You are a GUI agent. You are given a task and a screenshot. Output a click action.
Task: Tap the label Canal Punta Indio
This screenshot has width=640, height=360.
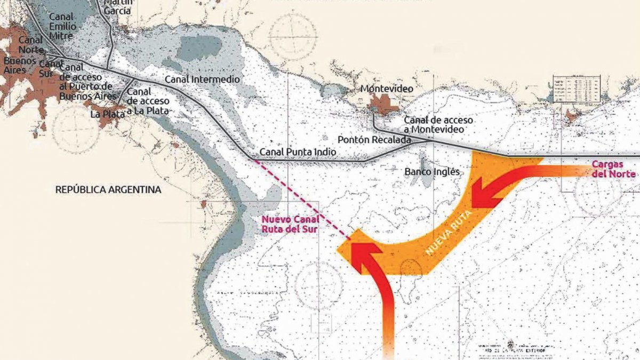[298, 152]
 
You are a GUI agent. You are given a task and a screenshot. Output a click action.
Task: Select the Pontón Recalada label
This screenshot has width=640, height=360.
[377, 140]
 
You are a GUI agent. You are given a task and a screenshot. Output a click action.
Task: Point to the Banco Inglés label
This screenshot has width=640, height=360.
[432, 172]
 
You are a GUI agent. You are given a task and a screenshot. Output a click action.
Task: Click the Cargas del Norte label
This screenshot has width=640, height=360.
[613, 170]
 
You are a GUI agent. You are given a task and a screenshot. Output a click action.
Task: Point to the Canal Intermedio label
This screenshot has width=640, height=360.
[202, 79]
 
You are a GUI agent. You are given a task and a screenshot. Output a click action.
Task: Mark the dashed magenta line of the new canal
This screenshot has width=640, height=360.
[301, 197]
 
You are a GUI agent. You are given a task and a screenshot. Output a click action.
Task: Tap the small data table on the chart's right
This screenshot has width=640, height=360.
[577, 88]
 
